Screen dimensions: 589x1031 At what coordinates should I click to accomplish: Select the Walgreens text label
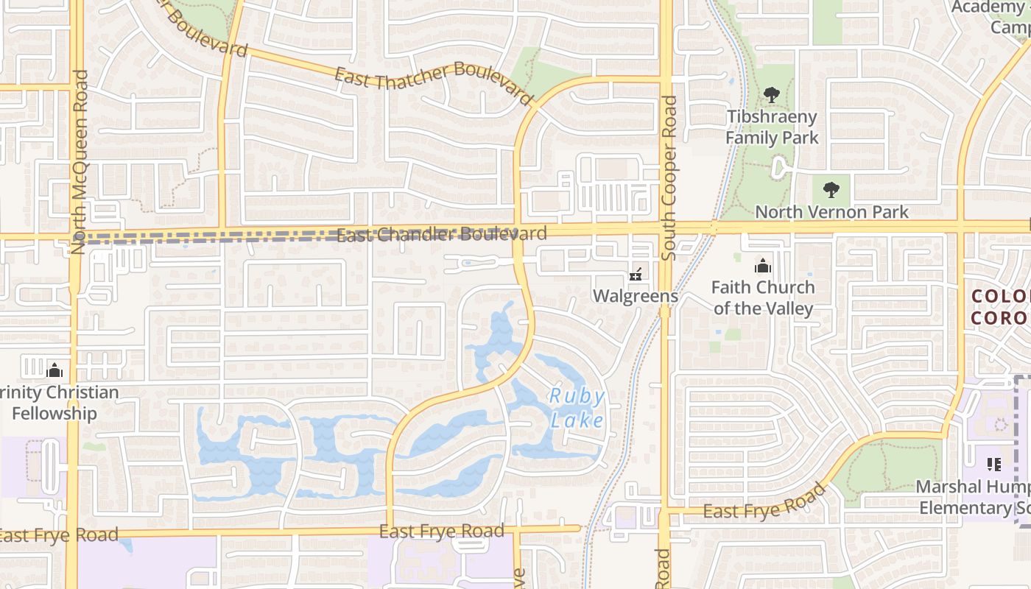636,296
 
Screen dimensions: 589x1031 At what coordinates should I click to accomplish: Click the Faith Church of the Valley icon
762,266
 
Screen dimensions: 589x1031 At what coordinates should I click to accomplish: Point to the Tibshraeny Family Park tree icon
772,94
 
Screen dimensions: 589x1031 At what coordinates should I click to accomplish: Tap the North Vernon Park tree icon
831,190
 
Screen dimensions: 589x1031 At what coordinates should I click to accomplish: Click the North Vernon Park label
832,212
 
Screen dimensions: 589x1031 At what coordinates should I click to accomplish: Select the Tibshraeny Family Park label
772,127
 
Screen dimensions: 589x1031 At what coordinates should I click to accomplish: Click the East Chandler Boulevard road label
442,235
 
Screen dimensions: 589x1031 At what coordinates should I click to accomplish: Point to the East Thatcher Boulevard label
433,85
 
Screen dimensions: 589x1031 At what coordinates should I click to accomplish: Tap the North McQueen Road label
80,162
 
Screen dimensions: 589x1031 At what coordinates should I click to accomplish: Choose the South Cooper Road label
669,178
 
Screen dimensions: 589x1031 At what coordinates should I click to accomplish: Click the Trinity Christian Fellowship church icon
54,370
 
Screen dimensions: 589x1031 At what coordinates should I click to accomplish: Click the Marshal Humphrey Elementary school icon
994,464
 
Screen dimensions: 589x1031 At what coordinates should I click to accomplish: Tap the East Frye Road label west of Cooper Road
442,531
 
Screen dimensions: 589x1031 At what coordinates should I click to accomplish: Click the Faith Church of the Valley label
763,297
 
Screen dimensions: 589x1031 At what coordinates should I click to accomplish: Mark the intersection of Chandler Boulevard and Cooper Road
666,229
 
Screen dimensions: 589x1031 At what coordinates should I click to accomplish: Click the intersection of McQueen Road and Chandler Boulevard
75,236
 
